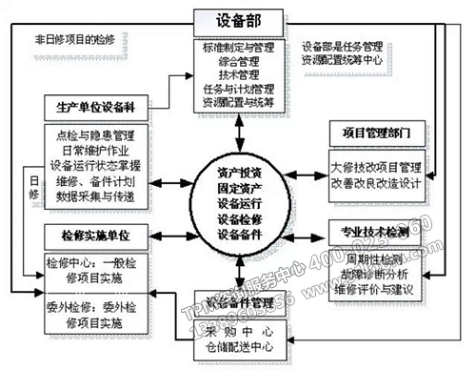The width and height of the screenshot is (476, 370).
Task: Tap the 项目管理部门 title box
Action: coord(371,130)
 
